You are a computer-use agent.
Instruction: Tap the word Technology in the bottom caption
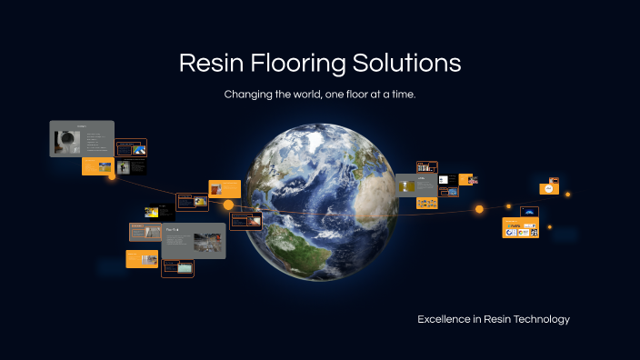coord(540,319)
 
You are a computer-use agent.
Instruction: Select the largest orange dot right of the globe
coord(479,209)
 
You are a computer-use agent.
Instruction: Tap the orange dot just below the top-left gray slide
coord(113,176)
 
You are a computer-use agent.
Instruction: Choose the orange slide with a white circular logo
coord(549,189)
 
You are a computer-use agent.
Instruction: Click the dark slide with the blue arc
coord(529,212)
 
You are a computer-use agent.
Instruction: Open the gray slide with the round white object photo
coord(81,139)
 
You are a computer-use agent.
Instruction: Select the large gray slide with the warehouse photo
coord(194,241)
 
